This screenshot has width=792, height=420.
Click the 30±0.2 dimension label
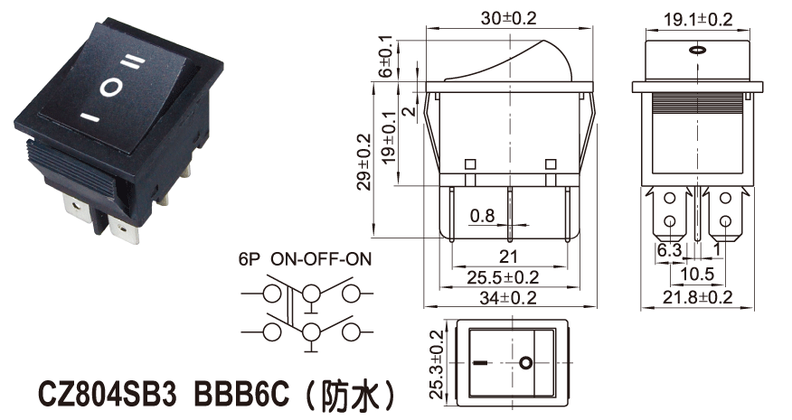coord(509,19)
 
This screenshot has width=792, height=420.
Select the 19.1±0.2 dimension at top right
coord(698,20)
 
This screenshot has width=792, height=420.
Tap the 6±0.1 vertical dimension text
coord(385,56)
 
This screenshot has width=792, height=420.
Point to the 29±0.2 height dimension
coord(364,162)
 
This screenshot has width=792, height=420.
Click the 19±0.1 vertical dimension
coord(389,137)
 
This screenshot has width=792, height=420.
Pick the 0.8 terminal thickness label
coord(483,216)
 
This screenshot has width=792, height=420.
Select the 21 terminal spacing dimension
coord(508,257)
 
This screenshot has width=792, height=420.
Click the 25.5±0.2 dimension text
coord(503,277)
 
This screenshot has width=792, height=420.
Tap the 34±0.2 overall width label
coord(508,298)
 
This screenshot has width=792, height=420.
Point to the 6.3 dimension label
coord(669,250)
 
